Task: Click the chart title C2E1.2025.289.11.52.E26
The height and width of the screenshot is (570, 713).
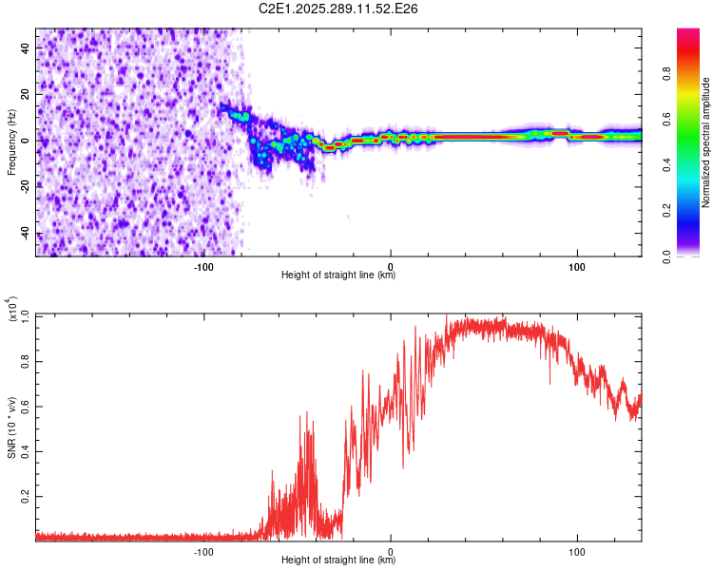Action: (x=339, y=9)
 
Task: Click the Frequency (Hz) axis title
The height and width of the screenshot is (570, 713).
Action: (x=11, y=142)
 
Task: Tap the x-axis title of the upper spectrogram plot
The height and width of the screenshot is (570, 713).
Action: (x=338, y=275)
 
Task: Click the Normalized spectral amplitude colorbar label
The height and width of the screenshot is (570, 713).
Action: (x=705, y=142)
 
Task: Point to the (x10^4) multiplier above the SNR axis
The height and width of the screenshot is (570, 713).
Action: (x=12, y=310)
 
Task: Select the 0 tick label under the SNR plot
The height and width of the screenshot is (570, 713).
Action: (x=391, y=549)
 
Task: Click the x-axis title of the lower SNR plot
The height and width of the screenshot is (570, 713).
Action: (x=338, y=560)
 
